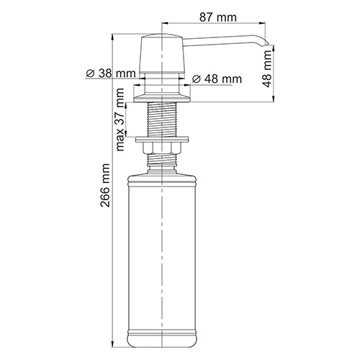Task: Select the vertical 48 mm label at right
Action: pyautogui.click(x=267, y=70)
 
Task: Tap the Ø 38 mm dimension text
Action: pyautogui.click(x=110, y=73)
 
